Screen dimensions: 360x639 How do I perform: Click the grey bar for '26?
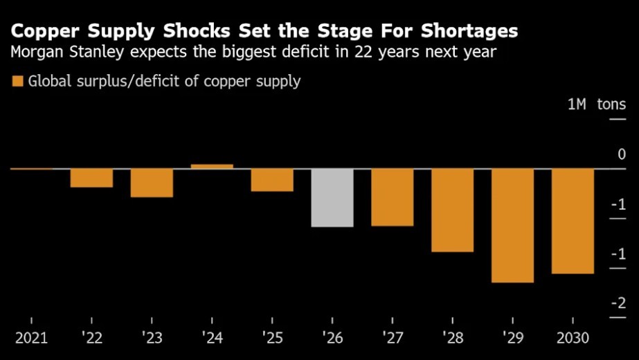[x=332, y=197]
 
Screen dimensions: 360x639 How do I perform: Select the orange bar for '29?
[x=513, y=226]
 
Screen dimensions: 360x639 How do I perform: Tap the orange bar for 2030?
[x=573, y=221]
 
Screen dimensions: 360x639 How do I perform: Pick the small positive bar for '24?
[x=212, y=166]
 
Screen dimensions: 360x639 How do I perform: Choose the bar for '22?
[x=91, y=178]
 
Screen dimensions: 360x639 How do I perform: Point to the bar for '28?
[x=453, y=210]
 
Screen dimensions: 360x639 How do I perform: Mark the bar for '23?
[x=152, y=183]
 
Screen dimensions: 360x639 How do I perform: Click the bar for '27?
[x=393, y=197]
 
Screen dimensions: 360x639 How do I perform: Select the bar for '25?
[x=272, y=180]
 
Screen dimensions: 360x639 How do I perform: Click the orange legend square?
[x=18, y=82]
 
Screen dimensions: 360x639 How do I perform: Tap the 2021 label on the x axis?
[x=32, y=338]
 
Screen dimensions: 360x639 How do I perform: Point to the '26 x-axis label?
[x=332, y=338]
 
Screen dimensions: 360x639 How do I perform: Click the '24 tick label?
[x=212, y=338]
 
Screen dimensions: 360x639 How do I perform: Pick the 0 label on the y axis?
[x=622, y=154]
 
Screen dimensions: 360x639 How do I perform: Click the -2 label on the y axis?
[x=618, y=303]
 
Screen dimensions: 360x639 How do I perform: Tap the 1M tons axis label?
[x=596, y=105]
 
